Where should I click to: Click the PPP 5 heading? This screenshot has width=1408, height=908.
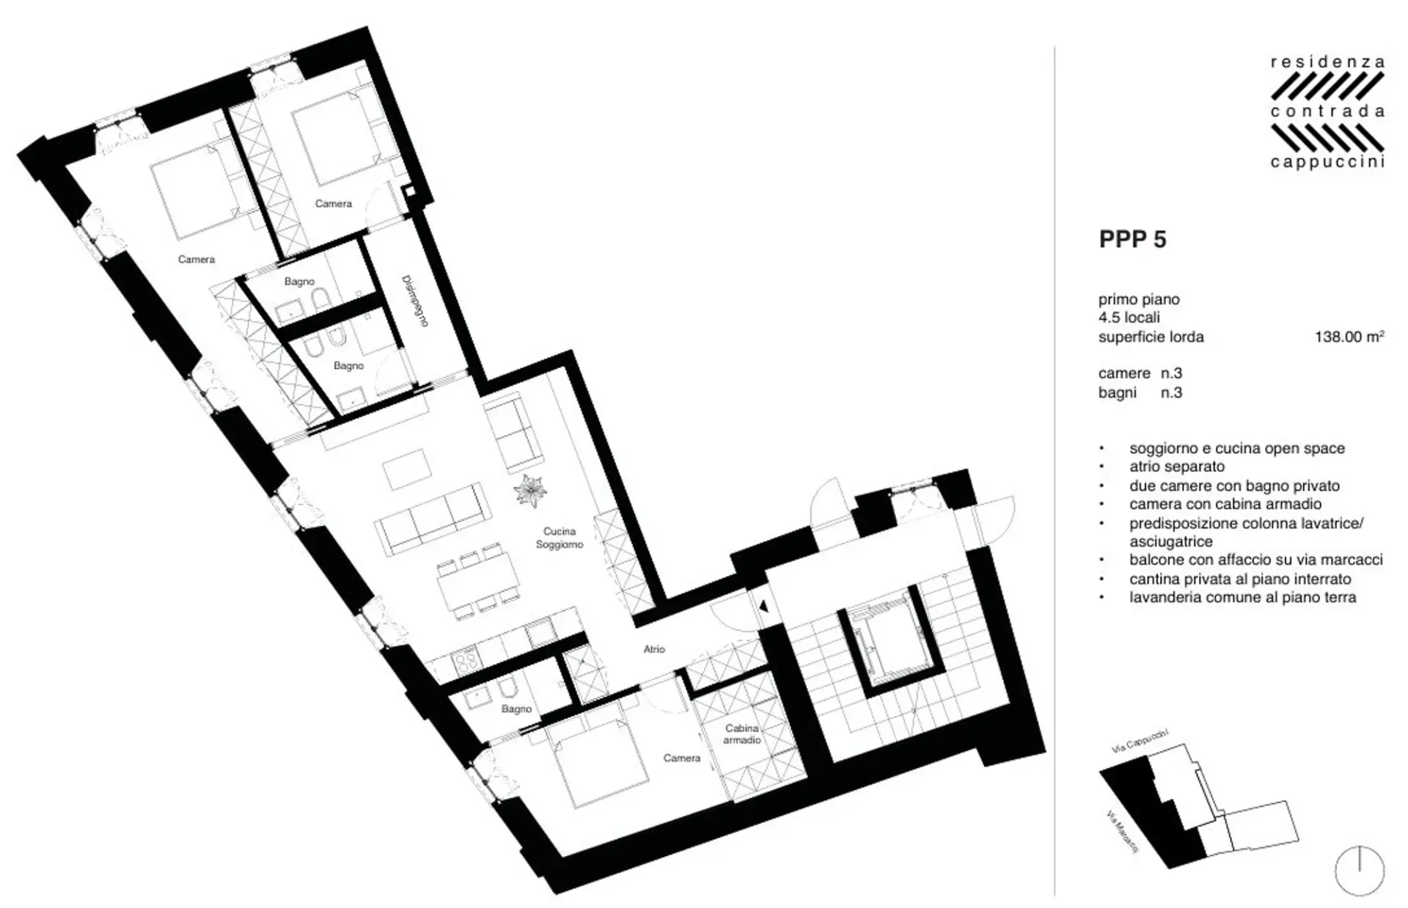tap(1132, 240)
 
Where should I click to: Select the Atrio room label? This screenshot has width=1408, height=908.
tap(654, 649)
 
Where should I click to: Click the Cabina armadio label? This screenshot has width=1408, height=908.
tap(741, 734)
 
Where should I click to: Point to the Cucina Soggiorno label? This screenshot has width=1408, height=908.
tap(560, 538)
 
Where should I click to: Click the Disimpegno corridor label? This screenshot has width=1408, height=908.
tap(414, 301)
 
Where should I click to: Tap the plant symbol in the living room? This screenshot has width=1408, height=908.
tap(530, 490)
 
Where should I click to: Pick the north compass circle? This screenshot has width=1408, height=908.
tap(1360, 871)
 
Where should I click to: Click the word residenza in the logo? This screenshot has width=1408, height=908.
tap(1327, 63)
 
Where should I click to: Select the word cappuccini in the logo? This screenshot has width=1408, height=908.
tap(1327, 161)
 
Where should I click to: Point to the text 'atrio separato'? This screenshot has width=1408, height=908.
tap(1177, 466)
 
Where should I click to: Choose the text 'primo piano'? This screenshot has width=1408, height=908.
tap(1139, 299)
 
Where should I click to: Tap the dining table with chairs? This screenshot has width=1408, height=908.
tap(478, 579)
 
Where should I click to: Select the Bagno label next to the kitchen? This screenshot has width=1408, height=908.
tap(516, 709)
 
